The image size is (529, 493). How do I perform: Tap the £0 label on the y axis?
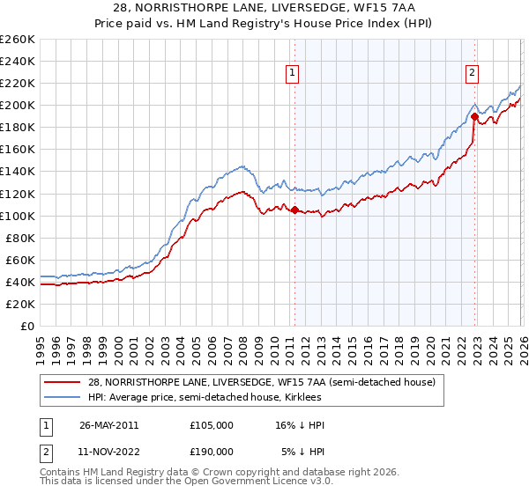tap(26, 326)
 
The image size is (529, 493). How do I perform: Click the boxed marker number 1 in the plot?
tap(292, 73)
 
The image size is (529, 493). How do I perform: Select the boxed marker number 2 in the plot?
tap(473, 73)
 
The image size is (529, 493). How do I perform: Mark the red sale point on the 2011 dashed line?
tap(294, 210)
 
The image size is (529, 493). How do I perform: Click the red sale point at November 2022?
tap(474, 116)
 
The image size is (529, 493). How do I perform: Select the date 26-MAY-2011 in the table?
tap(108, 424)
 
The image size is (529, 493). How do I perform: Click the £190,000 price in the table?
tap(211, 451)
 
